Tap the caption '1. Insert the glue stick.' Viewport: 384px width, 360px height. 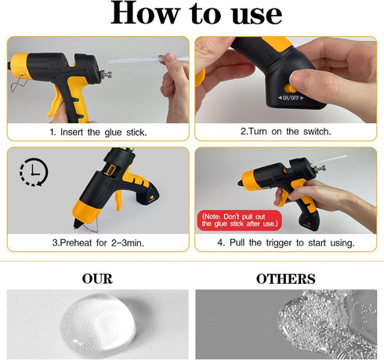click(x=98, y=132)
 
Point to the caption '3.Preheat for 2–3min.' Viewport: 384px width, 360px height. click(x=98, y=243)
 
